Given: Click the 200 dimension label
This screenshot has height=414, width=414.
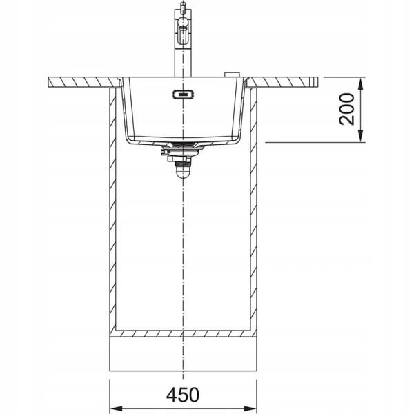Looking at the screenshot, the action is coord(346,109).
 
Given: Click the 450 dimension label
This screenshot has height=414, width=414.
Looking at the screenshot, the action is coord(183,395).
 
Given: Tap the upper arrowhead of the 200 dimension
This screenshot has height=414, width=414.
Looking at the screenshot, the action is coord(362,83).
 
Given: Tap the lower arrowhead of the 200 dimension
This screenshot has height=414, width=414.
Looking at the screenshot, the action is coord(362,136).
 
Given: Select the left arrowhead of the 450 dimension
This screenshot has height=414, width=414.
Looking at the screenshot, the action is coord(116,408).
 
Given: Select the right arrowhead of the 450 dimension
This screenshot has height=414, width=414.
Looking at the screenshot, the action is coord(250,408).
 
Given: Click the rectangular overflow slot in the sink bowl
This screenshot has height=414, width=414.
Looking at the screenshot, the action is coord(184,95).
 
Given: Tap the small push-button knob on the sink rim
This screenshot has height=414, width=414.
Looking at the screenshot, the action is coord(232,75).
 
